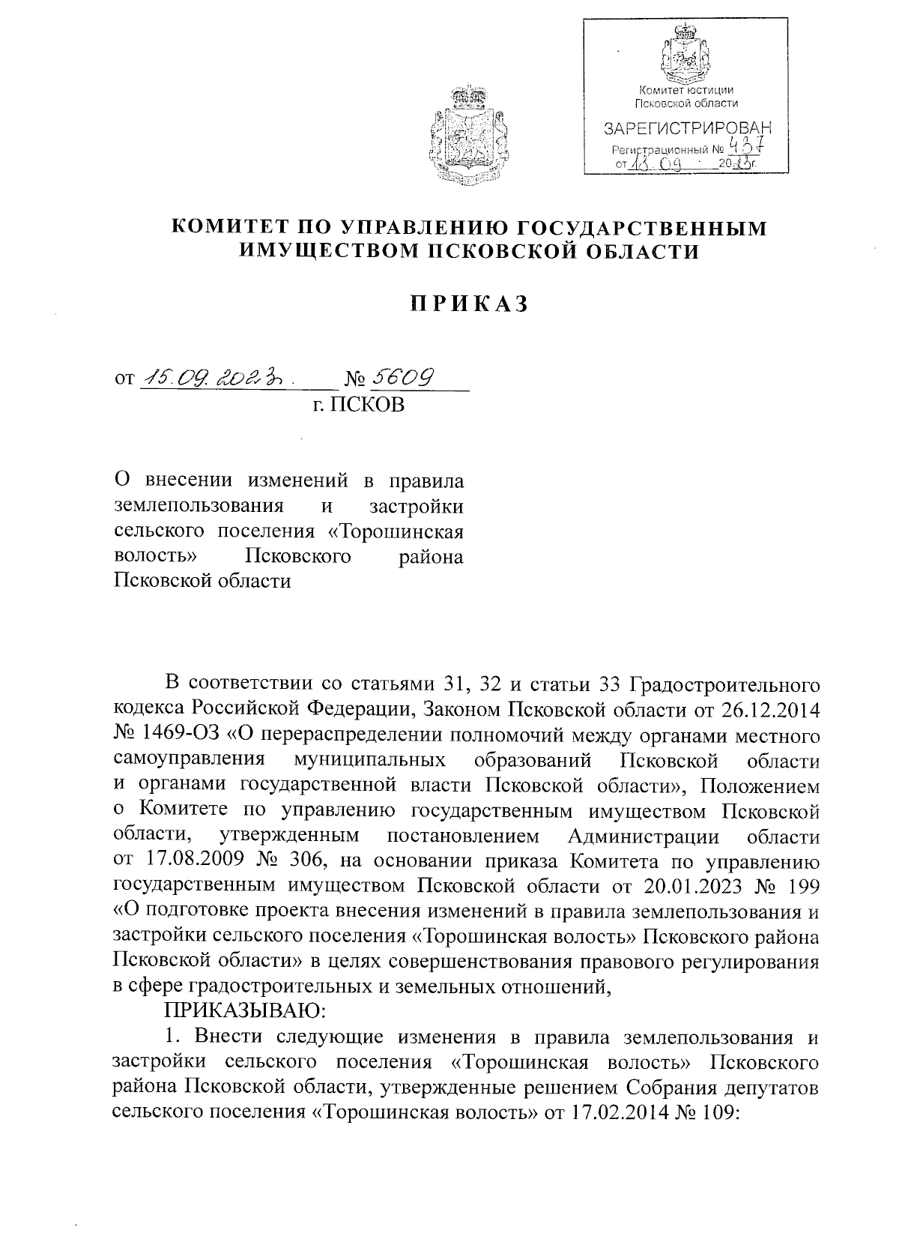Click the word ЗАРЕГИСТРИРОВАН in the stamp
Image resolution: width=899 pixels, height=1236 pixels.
[x=687, y=129]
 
